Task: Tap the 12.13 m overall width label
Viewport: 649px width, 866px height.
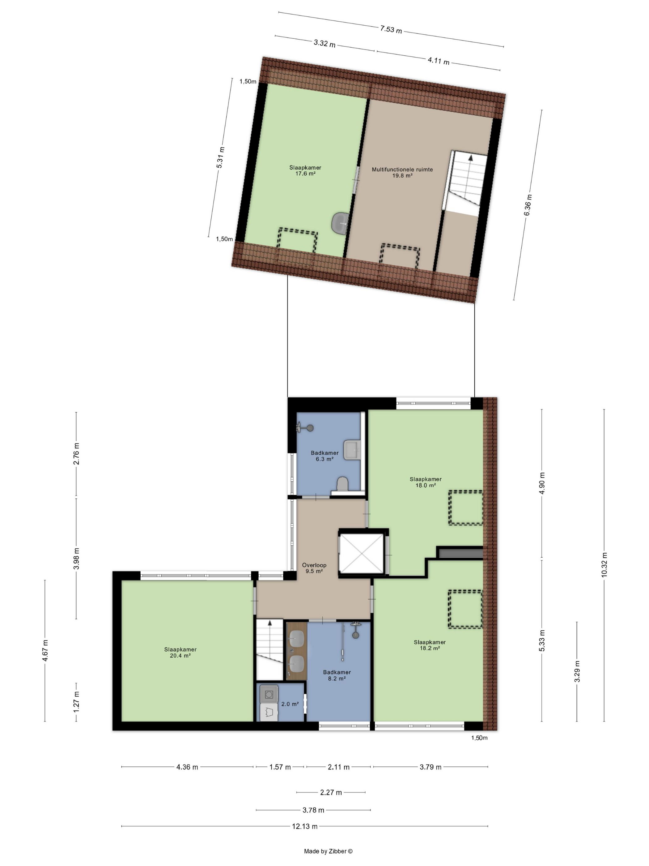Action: point(305,826)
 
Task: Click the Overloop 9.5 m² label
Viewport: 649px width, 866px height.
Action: point(314,568)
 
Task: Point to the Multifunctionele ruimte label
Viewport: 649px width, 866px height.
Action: point(402,169)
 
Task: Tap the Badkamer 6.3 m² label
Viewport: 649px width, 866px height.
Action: point(325,456)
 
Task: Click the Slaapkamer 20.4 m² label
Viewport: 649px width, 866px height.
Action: point(180,652)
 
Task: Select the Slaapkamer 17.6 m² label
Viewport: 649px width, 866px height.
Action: point(305,170)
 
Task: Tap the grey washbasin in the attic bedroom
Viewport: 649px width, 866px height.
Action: point(340,223)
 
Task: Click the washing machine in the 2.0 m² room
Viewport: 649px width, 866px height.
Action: point(269,695)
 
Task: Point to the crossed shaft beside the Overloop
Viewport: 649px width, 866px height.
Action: point(361,554)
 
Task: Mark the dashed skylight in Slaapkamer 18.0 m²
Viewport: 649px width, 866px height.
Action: point(465,508)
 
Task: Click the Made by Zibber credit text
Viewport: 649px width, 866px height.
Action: point(328,851)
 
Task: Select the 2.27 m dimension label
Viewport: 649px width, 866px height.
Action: point(331,792)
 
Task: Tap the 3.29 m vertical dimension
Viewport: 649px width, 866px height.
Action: point(577,671)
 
